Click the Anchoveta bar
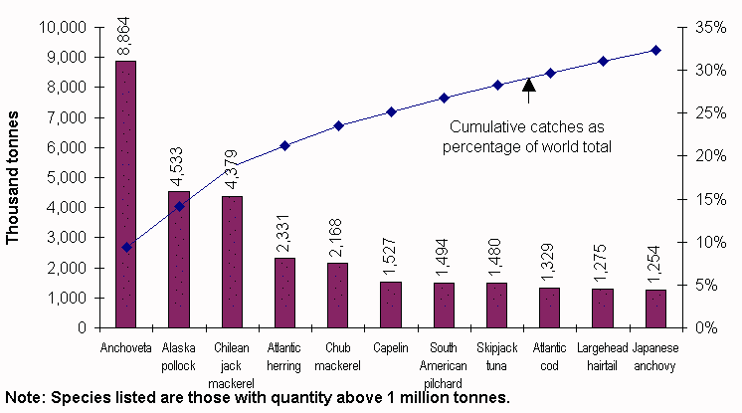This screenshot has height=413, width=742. pos(125,194)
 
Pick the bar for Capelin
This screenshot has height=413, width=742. pos(390,305)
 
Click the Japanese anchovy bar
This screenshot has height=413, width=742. pos(655,309)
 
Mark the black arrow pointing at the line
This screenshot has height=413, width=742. pos(529,91)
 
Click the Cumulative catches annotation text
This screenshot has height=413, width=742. pos(528,137)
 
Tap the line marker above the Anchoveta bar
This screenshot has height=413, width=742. pos(125,247)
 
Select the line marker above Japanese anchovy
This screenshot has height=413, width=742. pos(655,50)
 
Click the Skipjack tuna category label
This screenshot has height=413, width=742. pos(496,354)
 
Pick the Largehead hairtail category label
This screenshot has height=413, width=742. pos(603,354)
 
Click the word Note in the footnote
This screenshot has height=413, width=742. pos(23,398)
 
